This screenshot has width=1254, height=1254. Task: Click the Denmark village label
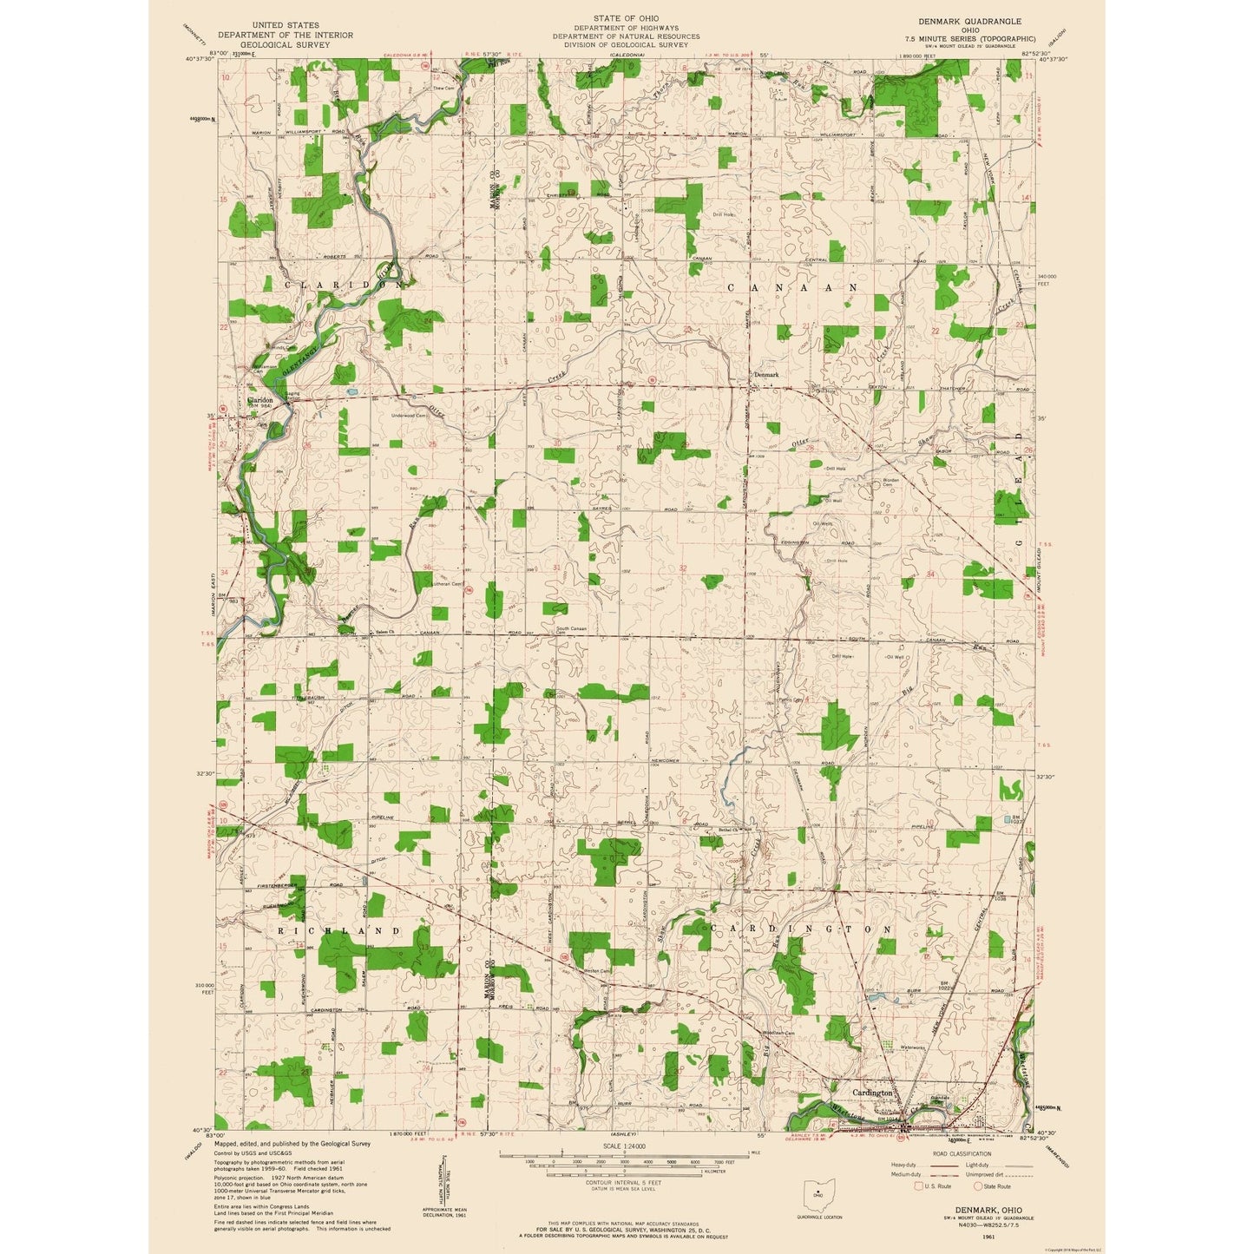coord(766,374)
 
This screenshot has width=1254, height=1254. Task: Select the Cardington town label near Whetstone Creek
coord(872,1093)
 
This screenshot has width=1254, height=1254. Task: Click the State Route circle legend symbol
coord(978,1185)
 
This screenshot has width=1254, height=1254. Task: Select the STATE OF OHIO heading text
coord(626,18)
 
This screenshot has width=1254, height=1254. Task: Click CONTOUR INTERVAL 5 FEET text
coord(622,1182)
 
